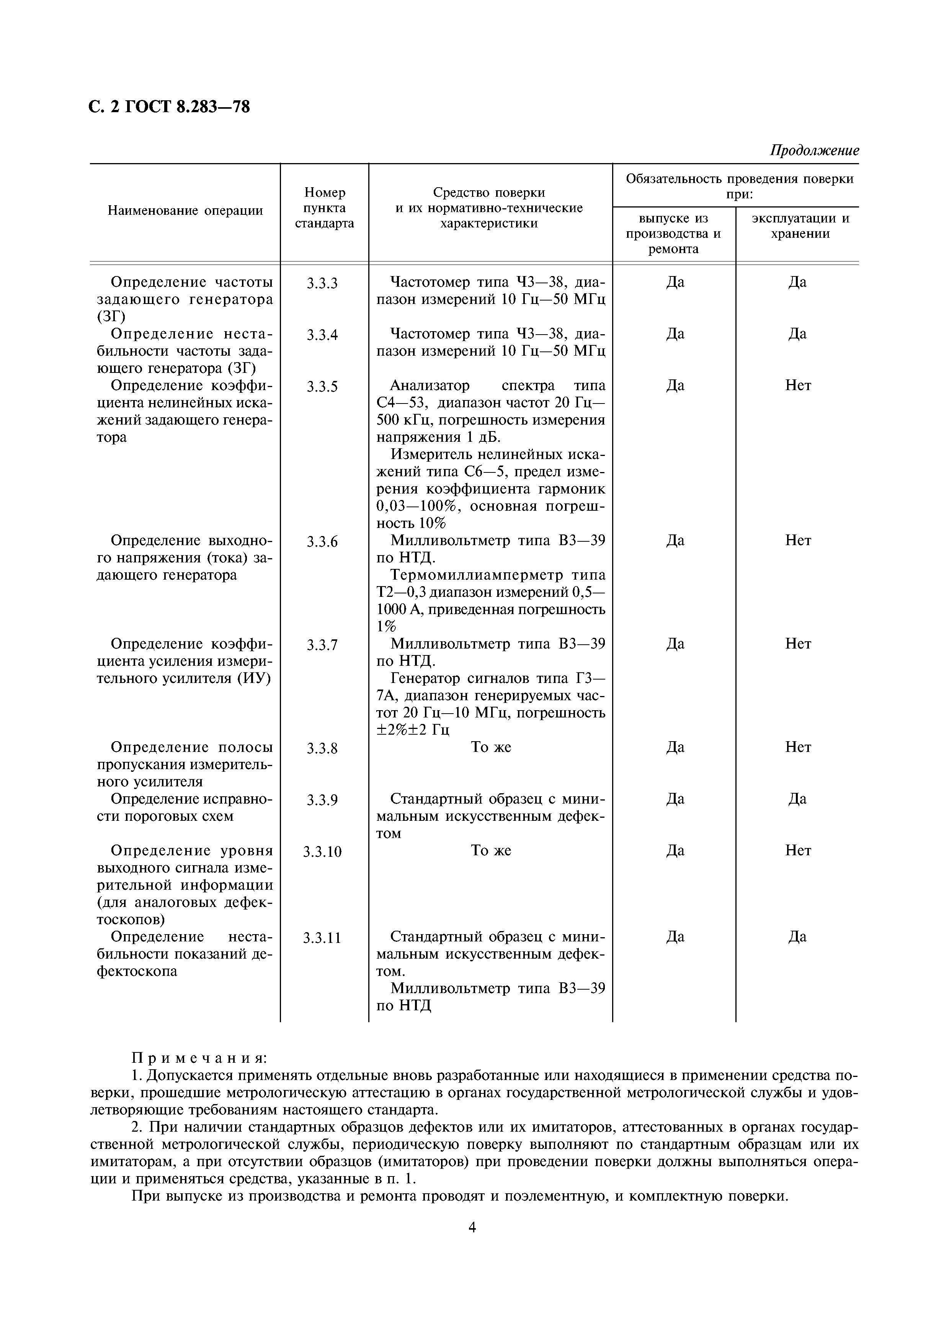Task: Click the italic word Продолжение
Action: click(x=814, y=151)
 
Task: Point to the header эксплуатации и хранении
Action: click(x=800, y=226)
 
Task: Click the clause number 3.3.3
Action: click(x=322, y=284)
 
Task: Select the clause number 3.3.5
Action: click(x=322, y=387)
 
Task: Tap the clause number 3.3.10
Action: click(x=322, y=852)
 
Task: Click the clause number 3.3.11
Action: click(x=322, y=938)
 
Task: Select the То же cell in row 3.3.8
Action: click(x=491, y=748)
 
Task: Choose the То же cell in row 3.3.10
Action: click(x=491, y=851)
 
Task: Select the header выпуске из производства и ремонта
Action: click(x=674, y=234)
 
